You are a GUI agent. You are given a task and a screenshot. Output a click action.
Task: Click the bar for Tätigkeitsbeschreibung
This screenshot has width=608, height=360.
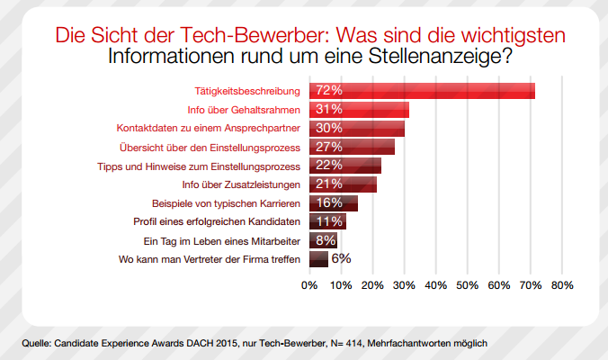click(423, 91)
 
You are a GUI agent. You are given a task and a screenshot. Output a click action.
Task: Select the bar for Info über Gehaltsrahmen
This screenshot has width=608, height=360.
click(360, 110)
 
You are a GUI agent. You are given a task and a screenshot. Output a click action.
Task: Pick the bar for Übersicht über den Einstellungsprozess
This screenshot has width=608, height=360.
click(353, 147)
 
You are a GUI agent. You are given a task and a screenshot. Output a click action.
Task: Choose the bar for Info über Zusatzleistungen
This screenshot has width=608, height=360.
click(344, 184)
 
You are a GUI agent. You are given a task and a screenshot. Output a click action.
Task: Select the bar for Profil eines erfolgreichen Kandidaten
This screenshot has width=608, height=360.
click(327, 221)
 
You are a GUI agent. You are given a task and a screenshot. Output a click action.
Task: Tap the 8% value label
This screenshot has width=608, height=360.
click(324, 240)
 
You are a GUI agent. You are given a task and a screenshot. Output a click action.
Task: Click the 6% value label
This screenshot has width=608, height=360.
click(341, 259)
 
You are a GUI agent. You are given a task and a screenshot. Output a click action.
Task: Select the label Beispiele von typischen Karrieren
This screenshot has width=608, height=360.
click(222, 203)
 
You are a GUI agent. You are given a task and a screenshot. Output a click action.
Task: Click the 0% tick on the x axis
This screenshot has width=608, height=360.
click(309, 285)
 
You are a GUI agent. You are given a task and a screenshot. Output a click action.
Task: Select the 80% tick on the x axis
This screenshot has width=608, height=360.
click(562, 285)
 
